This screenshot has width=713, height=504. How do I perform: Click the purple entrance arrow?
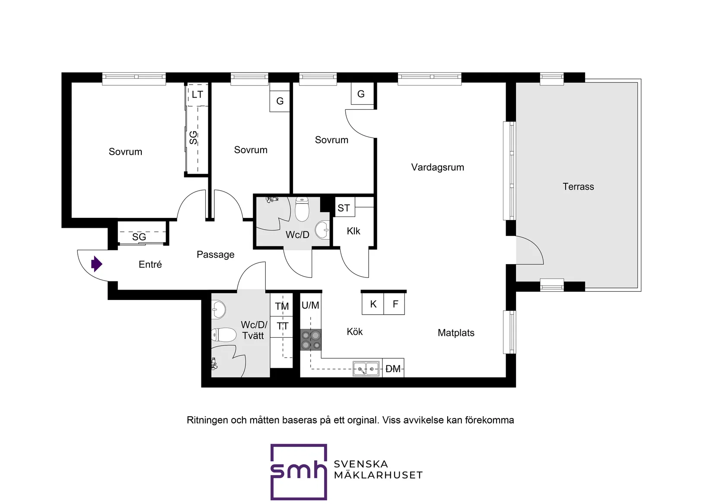coord(96,264)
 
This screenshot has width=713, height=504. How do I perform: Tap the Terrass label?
coord(578,186)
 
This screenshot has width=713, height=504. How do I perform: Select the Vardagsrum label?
coord(437,167)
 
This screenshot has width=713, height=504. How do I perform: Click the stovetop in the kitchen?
coord(311,340)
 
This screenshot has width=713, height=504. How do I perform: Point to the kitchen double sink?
coord(366,369)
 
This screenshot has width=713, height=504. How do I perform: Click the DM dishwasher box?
coord(393,368)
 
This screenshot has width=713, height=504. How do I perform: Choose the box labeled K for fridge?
coord(373,304)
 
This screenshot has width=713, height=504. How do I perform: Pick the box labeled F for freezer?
coord(394,304)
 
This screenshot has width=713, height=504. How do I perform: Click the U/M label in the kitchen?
coord(310,305)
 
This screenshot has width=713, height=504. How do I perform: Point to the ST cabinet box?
coord(344,207)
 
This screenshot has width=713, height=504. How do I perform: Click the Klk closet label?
coord(353,231)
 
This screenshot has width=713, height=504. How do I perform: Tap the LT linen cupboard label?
coord(197,94)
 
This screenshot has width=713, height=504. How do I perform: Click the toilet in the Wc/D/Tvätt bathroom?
coord(224,335)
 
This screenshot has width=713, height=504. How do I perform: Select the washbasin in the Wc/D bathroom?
coord(322,230)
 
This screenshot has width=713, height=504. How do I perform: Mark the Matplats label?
coord(456,333)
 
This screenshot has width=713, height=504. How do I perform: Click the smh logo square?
coord(299,472)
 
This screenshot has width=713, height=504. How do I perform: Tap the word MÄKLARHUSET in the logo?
coord(378,475)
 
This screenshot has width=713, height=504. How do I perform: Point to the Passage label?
coord(216,255)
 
